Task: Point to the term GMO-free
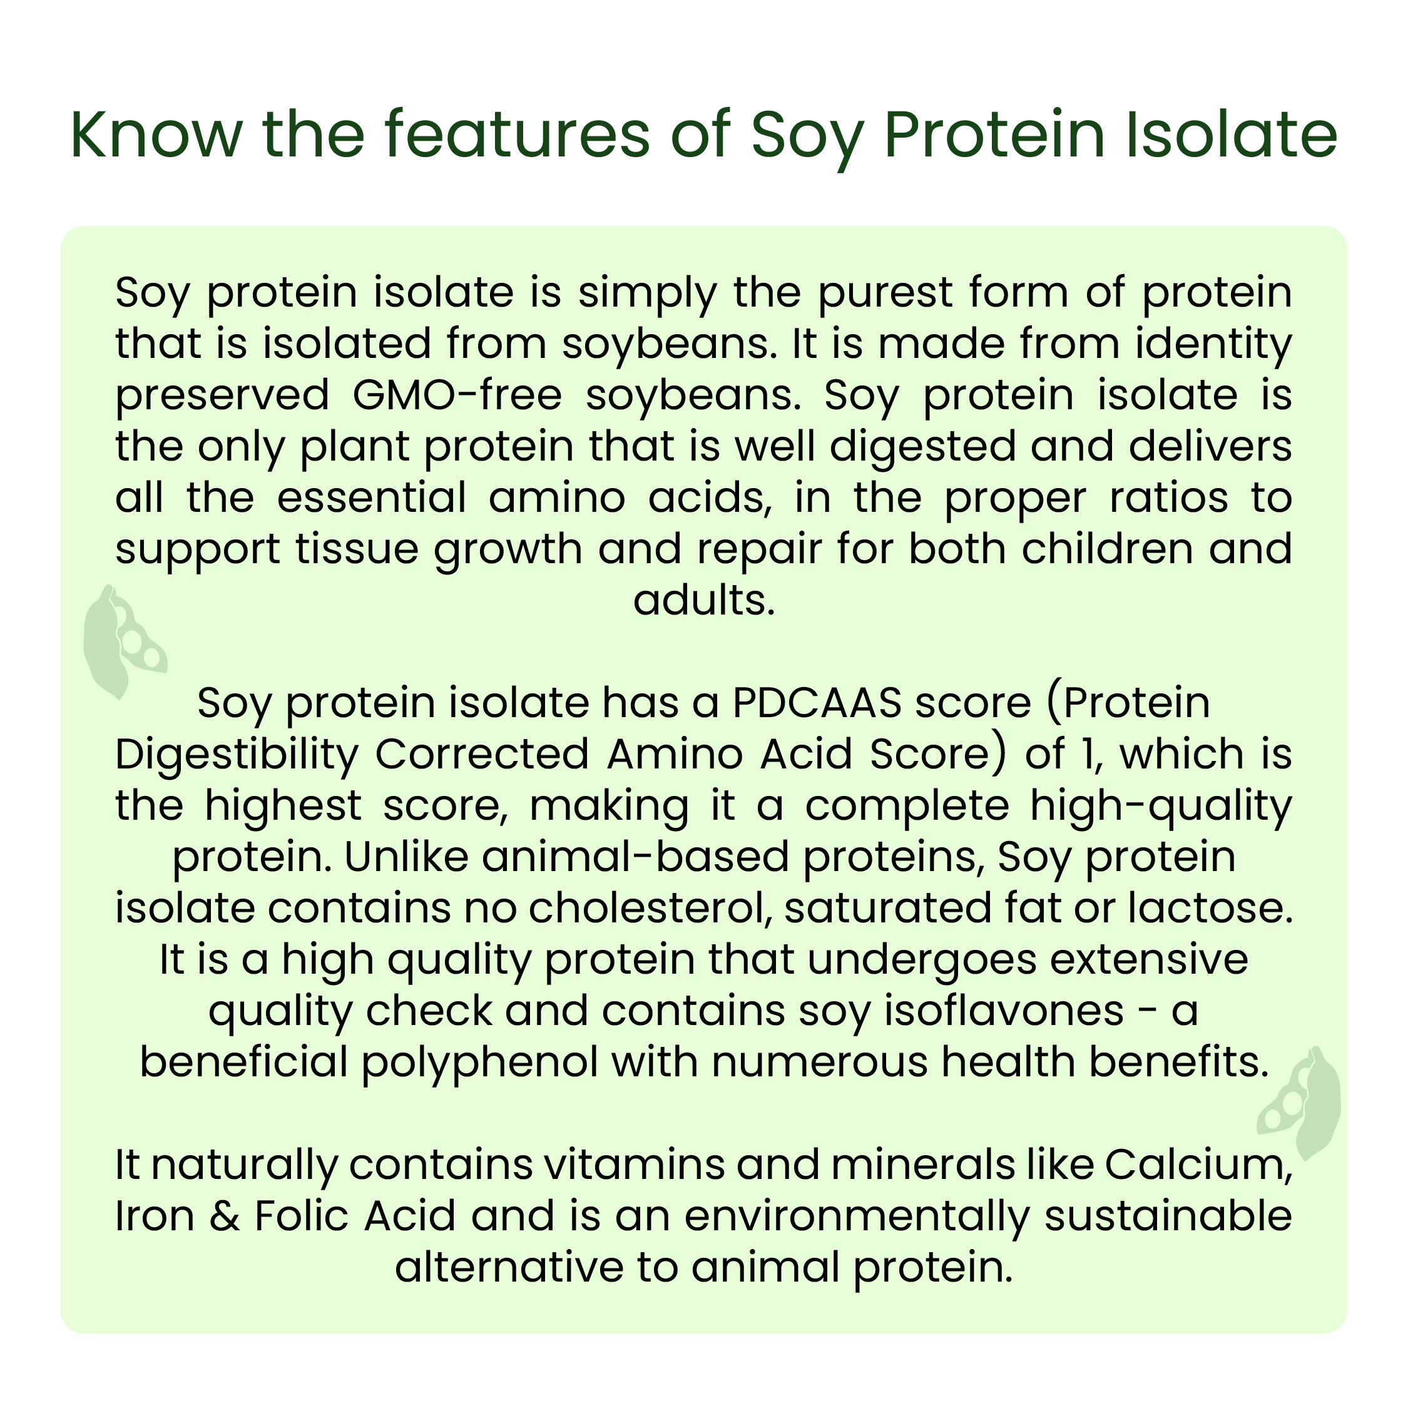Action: [457, 395]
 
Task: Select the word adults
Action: [704, 601]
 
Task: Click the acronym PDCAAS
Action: [816, 704]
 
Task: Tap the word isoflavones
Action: [1004, 1011]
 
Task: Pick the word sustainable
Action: [1168, 1217]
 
